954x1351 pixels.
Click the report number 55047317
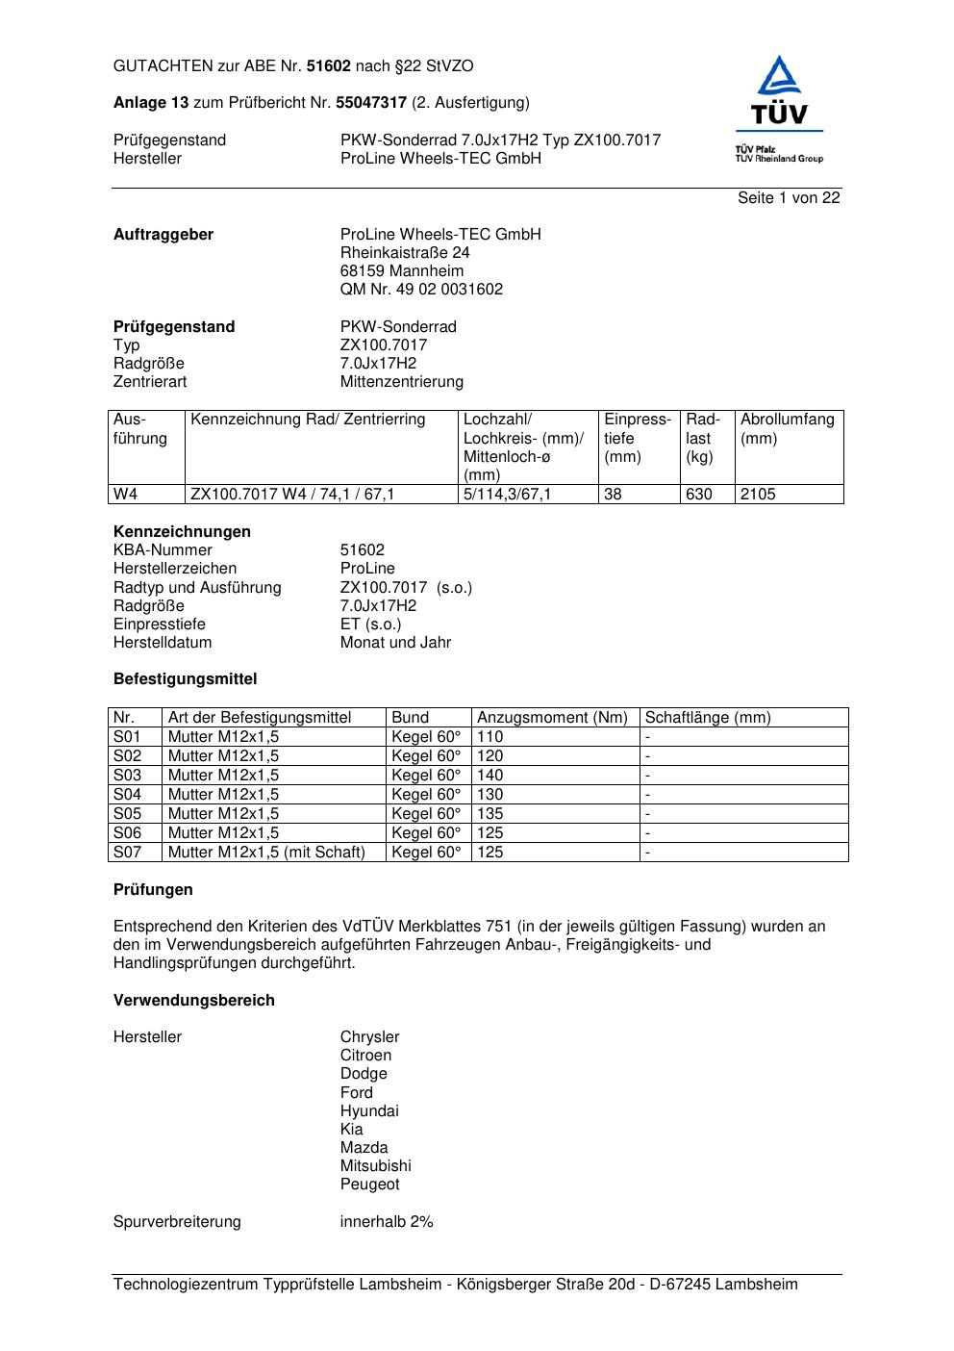[373, 103]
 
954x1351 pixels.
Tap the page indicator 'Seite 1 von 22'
[789, 198]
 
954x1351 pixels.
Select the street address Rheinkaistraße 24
[405, 253]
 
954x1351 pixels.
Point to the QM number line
[421, 290]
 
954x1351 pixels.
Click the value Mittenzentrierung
[401, 382]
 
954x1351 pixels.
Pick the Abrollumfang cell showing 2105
[758, 495]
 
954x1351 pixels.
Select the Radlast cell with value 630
[699, 495]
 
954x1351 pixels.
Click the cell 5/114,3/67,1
[508, 495]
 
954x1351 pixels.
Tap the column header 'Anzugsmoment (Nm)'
[552, 718]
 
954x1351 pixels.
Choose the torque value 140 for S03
[490, 776]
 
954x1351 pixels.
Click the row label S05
[127, 814]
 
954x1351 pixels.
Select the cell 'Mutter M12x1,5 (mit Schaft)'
[266, 853]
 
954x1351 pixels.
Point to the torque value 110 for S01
[490, 737]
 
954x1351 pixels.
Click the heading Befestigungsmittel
[186, 679]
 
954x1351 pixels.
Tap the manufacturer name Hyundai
[369, 1111]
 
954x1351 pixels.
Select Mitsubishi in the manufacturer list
[375, 1166]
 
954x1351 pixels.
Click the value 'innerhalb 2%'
[387, 1222]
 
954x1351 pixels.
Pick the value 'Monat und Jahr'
[395, 643]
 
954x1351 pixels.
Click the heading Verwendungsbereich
[194, 1001]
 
